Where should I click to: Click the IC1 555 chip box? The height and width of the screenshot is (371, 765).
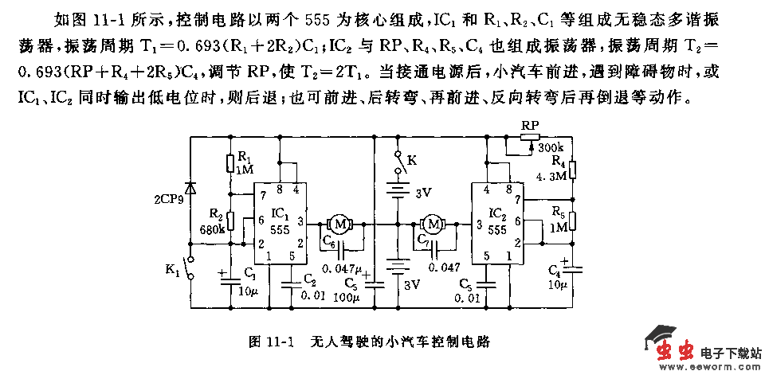[279, 224]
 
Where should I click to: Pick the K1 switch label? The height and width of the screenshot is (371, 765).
[173, 270]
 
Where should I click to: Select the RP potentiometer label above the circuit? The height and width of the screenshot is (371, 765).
[529, 127]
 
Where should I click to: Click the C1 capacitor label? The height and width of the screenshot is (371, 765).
[250, 273]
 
